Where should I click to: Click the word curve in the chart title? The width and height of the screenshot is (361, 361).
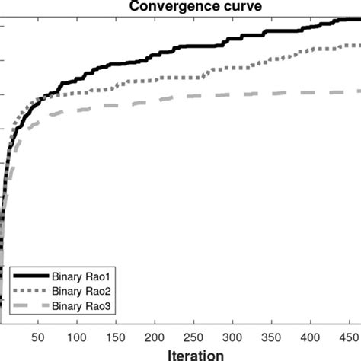[x=241, y=5]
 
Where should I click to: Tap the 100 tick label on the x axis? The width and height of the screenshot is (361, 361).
[x=76, y=336]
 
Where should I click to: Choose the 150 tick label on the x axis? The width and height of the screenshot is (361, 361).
[x=116, y=336]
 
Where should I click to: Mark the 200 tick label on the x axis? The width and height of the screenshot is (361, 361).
[x=155, y=336]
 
